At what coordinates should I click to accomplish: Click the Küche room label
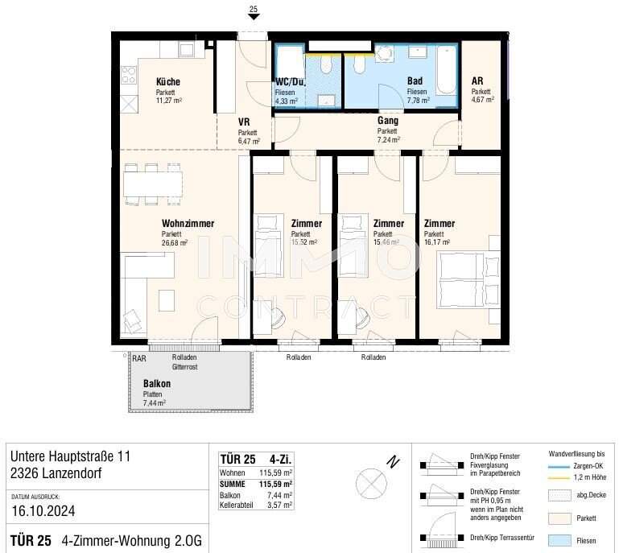click(x=167, y=82)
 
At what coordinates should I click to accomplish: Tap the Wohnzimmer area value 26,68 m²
click(x=174, y=242)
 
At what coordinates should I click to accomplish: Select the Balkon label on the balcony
click(x=156, y=384)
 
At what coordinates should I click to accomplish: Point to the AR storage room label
click(x=477, y=82)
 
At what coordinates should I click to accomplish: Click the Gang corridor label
click(x=387, y=121)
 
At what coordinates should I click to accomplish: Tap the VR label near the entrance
click(x=244, y=122)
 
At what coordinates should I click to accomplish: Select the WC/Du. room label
click(x=290, y=82)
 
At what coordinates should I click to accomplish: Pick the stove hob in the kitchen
click(x=129, y=76)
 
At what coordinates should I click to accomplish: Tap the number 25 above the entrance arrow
click(x=254, y=10)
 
